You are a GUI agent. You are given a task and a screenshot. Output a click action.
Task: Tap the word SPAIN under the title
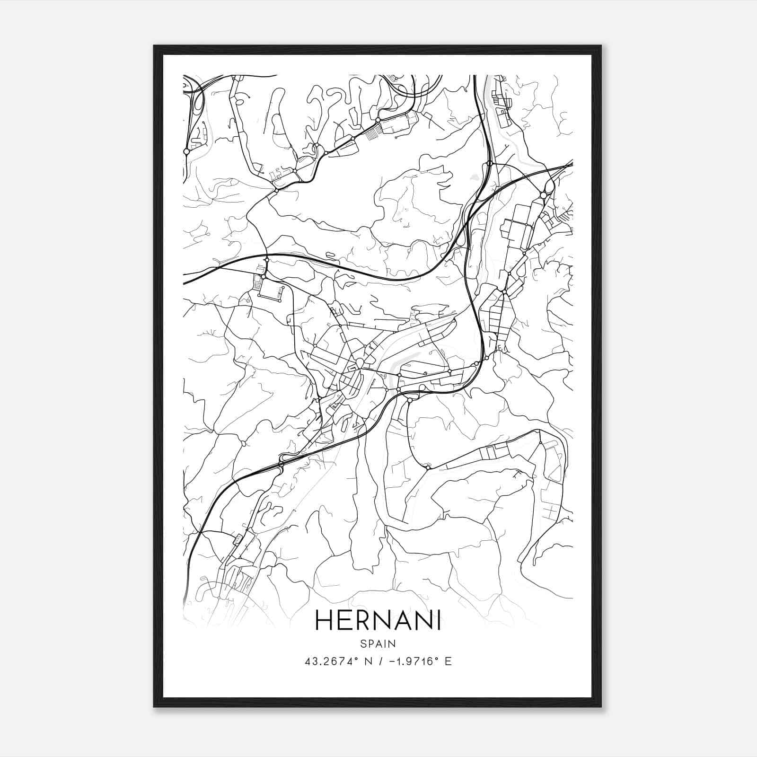coord(378,643)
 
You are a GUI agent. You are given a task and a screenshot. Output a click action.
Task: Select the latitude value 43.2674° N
coord(335,661)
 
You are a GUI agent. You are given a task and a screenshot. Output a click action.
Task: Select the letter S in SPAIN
coord(363,643)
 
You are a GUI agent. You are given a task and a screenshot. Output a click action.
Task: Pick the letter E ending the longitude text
coord(449,661)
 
